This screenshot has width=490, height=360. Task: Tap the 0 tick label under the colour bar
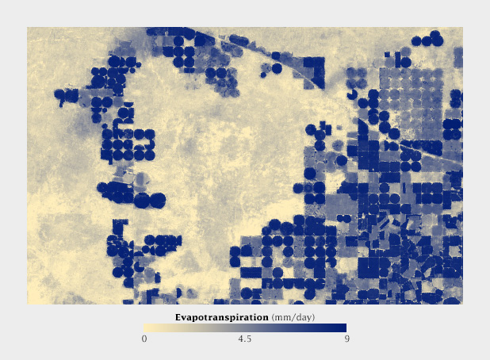(144, 339)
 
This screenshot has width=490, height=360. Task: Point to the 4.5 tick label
(245, 339)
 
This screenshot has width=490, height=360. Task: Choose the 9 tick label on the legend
(346, 339)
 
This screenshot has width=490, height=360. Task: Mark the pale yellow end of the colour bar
(147, 327)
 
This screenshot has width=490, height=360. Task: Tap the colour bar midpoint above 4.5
(245, 327)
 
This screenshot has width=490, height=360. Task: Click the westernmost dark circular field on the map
(59, 94)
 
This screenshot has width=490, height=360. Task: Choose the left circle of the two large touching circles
(142, 200)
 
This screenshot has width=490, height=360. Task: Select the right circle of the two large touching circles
(157, 200)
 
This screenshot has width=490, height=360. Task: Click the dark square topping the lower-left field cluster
(120, 224)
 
